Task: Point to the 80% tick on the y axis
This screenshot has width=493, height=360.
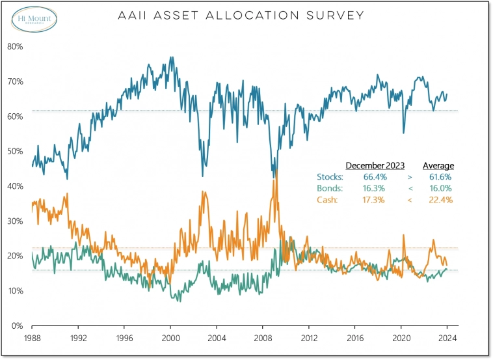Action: click(x=16, y=46)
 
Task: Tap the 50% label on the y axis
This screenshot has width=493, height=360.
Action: click(x=16, y=151)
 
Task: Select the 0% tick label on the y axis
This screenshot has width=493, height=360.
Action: click(x=18, y=325)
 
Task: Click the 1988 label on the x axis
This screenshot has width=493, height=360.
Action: click(x=32, y=338)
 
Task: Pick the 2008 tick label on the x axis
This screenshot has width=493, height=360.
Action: click(x=263, y=338)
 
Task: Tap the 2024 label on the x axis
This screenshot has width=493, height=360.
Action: click(x=447, y=338)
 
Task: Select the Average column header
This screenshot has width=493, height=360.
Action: click(x=438, y=165)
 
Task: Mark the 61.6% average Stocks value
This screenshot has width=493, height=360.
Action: click(x=439, y=177)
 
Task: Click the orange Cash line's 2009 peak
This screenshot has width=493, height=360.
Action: click(x=276, y=171)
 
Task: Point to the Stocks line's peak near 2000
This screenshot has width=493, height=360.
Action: click(x=171, y=57)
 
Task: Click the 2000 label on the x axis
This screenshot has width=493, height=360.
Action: click(x=170, y=338)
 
